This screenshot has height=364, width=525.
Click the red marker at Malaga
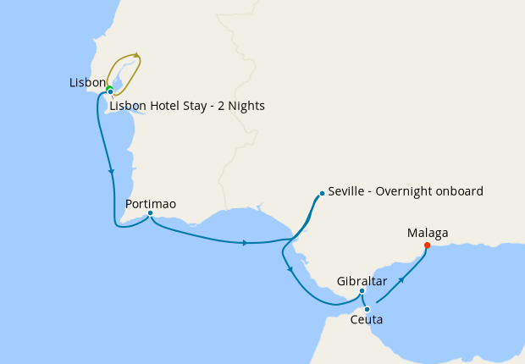427,246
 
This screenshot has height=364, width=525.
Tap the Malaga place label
428,233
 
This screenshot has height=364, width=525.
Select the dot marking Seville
322,193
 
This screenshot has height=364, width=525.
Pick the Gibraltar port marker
362,292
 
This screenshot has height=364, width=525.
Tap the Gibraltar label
362,280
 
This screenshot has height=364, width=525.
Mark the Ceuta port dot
367,309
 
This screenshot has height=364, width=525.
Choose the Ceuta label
366,320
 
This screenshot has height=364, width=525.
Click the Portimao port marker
150,214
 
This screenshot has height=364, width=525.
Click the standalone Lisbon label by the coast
87,83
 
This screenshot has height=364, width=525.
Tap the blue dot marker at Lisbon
110,92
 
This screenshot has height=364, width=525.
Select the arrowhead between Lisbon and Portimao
111,172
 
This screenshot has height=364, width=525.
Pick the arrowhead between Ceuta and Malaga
401,279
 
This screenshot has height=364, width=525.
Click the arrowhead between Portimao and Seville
245,243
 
